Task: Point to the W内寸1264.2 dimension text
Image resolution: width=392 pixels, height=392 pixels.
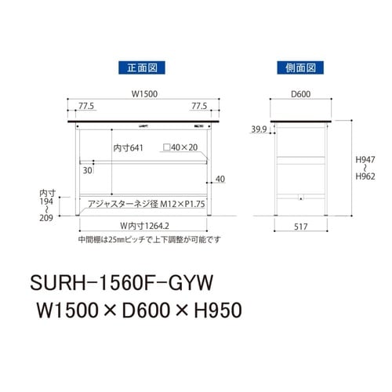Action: [145, 226]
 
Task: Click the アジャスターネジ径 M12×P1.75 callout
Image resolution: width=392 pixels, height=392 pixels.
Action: [145, 204]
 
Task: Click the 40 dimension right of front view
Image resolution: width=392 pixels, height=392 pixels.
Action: [220, 179]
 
